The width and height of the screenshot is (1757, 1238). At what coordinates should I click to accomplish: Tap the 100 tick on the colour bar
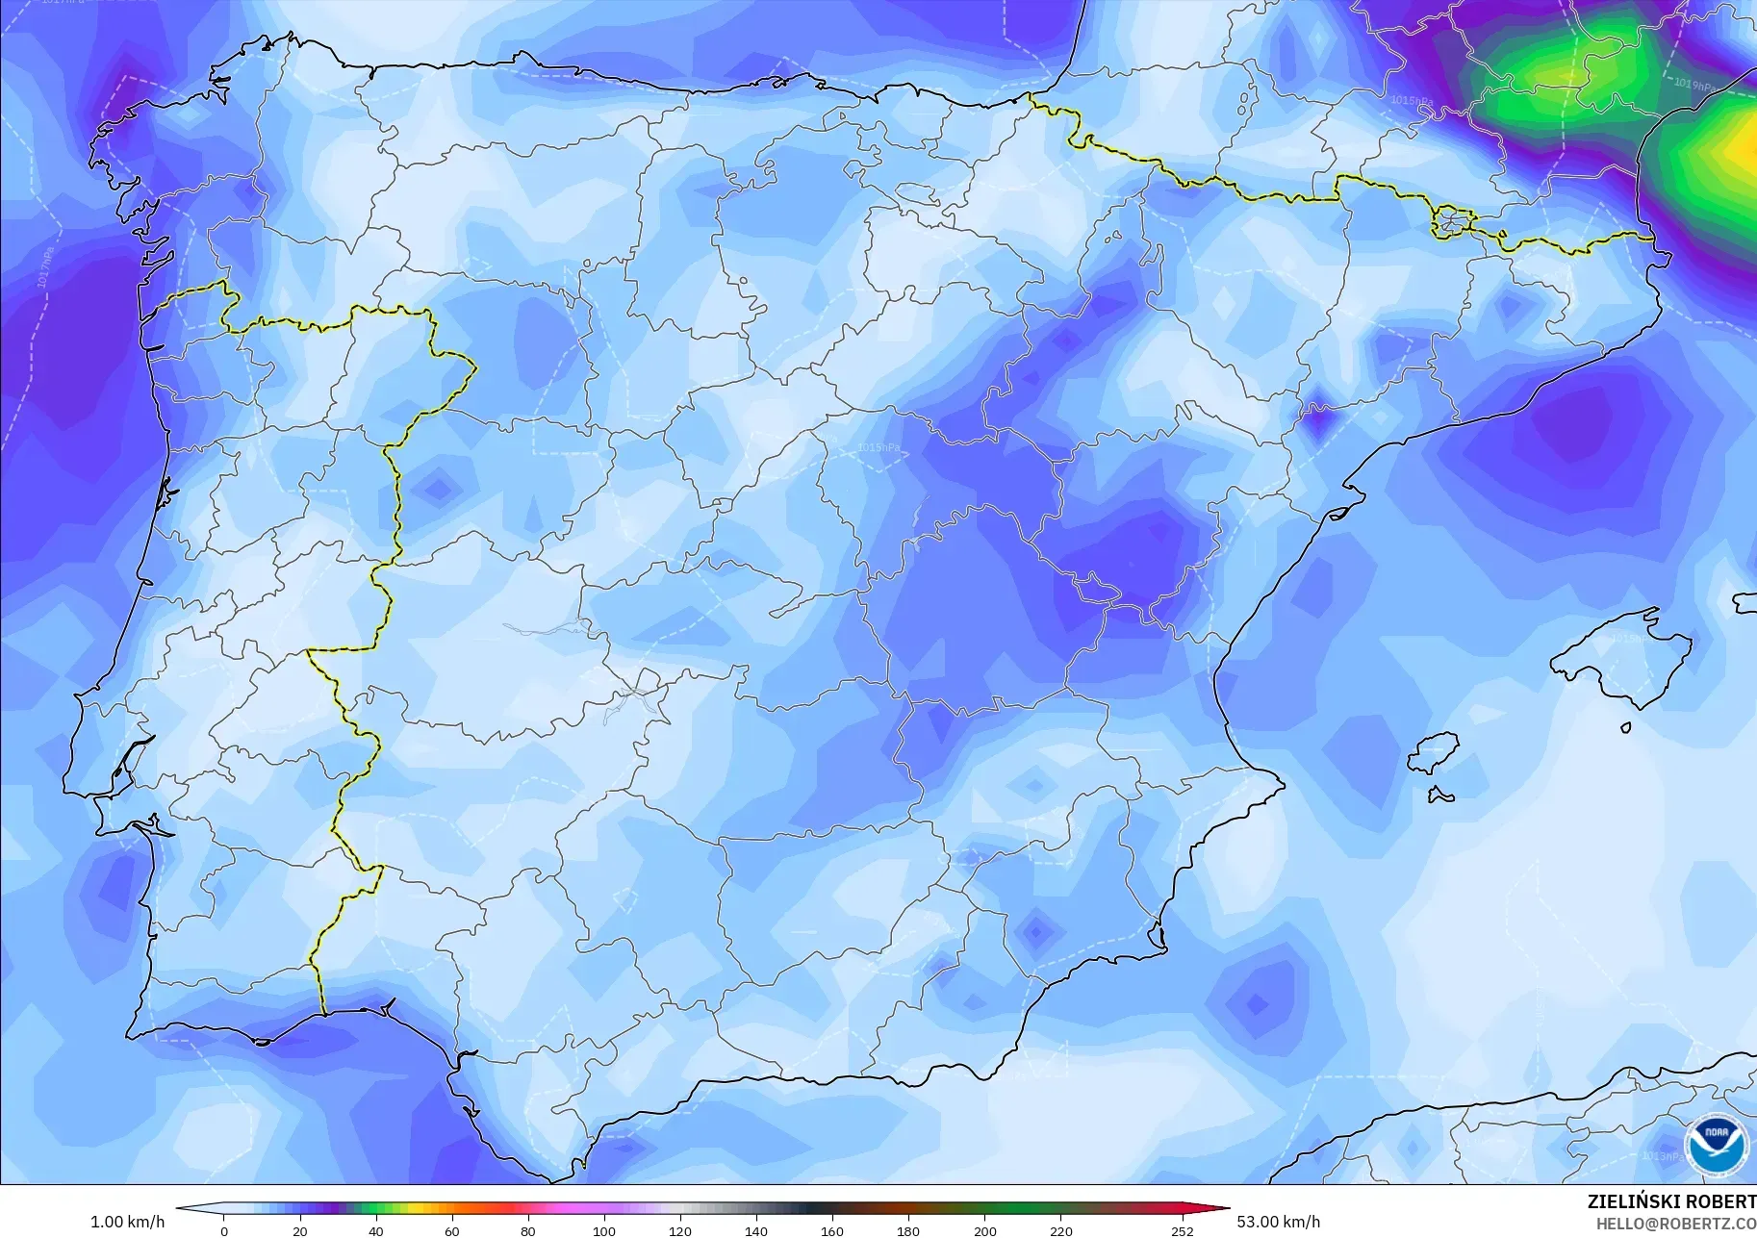coord(604,1230)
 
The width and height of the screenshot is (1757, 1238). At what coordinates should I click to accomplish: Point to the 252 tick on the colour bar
coord(1183,1230)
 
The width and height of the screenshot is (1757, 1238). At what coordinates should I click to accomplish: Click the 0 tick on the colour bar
coord(224,1230)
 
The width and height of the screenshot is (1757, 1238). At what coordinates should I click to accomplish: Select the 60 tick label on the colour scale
coord(452,1230)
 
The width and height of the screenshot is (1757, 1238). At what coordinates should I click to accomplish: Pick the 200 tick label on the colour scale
coord(984,1230)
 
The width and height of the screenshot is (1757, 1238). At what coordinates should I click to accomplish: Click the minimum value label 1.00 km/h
coord(127,1222)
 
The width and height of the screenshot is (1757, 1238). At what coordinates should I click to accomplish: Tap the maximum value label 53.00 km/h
coord(1278,1222)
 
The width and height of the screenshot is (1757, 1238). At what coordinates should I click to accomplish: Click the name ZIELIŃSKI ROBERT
coord(1671,1201)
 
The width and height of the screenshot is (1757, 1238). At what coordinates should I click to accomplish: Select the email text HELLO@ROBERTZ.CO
coord(1675,1225)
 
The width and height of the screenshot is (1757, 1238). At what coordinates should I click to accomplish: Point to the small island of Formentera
coord(1440,795)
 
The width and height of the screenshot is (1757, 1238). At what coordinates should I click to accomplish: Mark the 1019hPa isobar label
coord(1693,85)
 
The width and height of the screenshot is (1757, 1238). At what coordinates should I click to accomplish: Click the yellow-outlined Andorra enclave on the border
coord(1451,223)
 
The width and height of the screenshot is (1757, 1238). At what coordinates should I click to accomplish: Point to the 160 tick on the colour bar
coord(832,1230)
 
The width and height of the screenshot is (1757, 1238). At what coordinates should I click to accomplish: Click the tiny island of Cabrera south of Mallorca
coord(1625,728)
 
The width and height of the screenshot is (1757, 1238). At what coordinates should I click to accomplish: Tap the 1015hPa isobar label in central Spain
coord(878,447)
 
